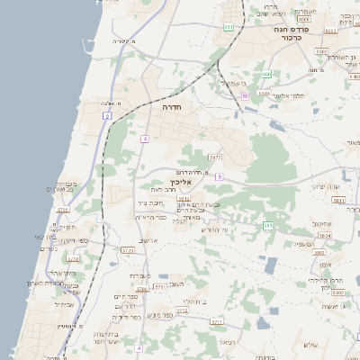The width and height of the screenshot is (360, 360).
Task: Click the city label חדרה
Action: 173,107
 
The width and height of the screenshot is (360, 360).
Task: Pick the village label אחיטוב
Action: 322,223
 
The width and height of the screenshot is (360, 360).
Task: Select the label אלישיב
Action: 149,240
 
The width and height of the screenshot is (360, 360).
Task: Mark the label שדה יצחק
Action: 326,185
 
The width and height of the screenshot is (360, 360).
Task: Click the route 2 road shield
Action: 107,116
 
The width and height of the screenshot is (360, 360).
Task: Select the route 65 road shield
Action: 245,94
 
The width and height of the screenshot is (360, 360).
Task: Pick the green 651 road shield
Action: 229,27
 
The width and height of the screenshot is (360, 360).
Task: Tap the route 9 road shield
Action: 218,177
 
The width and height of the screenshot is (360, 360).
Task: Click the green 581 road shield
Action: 267,225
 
